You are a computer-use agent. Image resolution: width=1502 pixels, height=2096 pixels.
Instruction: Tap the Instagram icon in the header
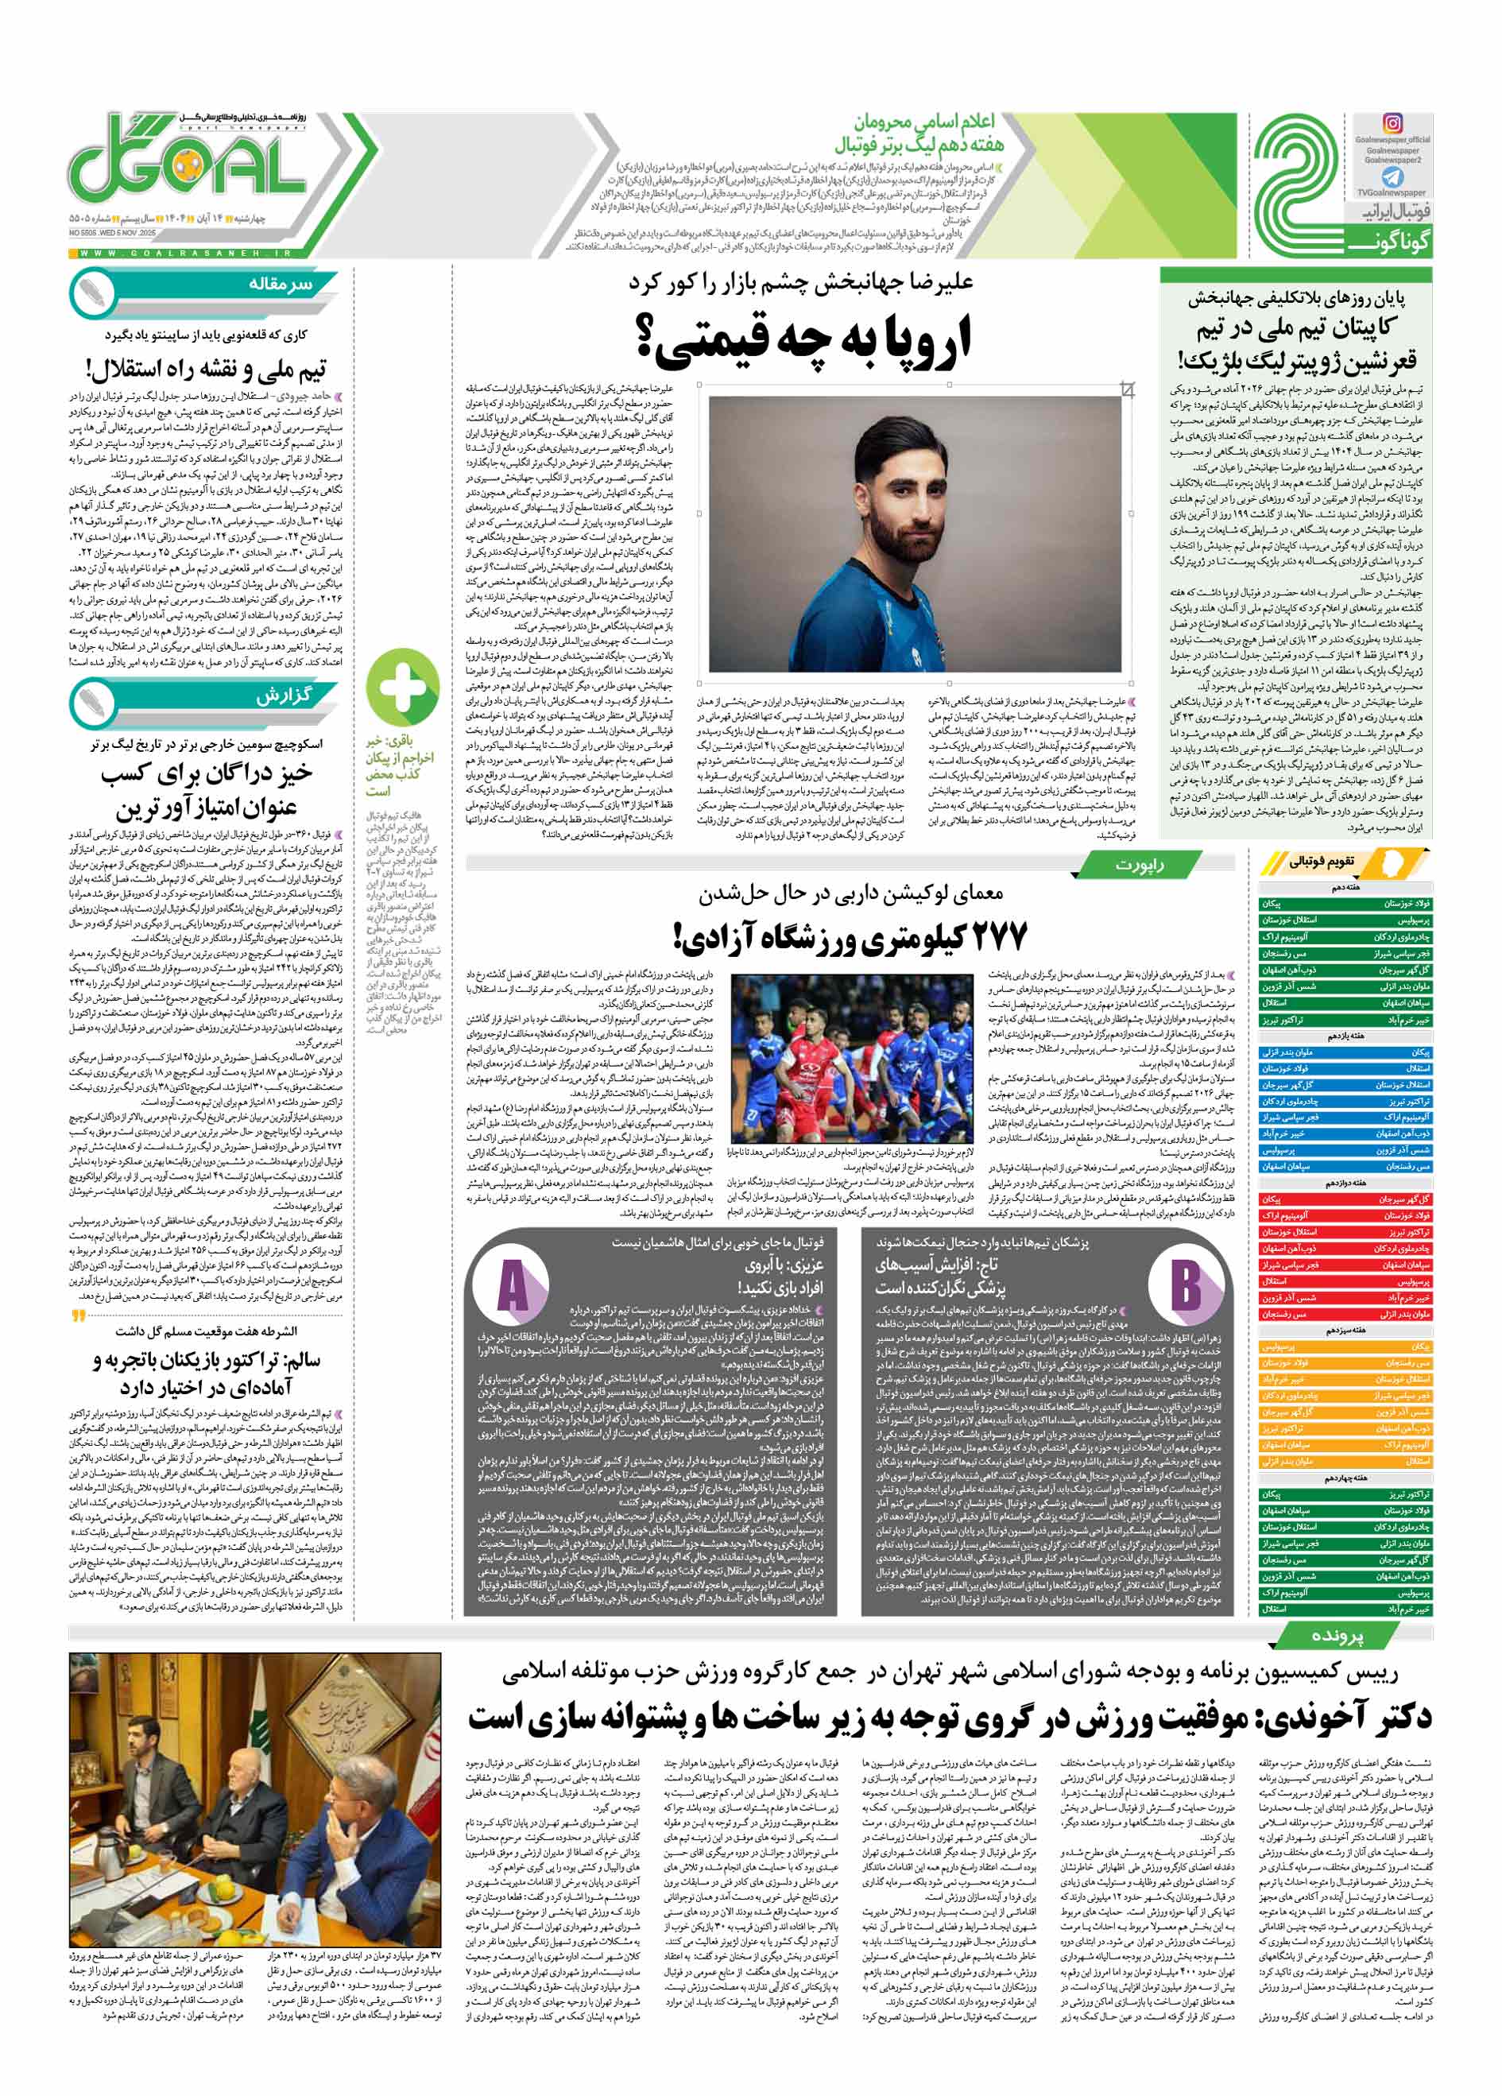(x=1392, y=123)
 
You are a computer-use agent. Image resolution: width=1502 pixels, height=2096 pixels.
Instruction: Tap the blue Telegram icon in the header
(x=1392, y=176)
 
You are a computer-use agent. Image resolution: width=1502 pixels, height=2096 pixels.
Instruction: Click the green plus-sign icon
(x=402, y=688)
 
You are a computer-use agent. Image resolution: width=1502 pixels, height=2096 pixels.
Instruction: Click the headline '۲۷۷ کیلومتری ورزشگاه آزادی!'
(x=850, y=937)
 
